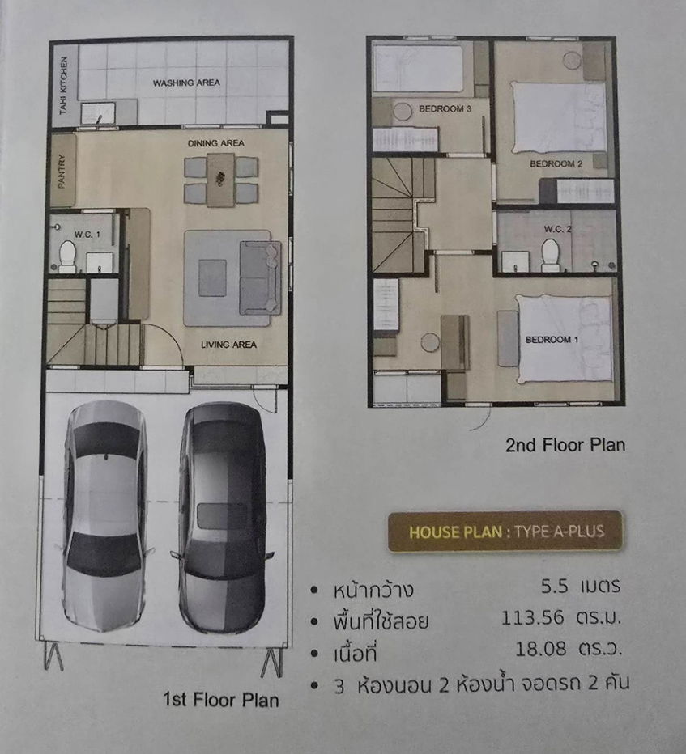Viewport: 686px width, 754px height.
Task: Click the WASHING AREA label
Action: click(x=186, y=83)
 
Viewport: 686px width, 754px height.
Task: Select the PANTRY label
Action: click(x=62, y=172)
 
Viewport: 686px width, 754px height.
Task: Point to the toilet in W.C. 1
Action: click(x=66, y=258)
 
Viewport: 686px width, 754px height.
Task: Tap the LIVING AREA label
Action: click(x=228, y=345)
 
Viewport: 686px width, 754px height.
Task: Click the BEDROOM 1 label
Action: click(x=552, y=340)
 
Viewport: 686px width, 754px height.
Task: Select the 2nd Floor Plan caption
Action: click(x=565, y=445)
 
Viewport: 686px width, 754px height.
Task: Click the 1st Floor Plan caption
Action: click(x=220, y=700)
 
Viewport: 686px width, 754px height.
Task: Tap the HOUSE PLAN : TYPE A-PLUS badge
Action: click(x=505, y=532)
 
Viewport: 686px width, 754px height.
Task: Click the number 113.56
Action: click(x=530, y=621)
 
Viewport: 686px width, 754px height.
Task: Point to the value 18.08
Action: click(x=540, y=649)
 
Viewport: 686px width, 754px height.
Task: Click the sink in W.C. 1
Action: click(x=99, y=261)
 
